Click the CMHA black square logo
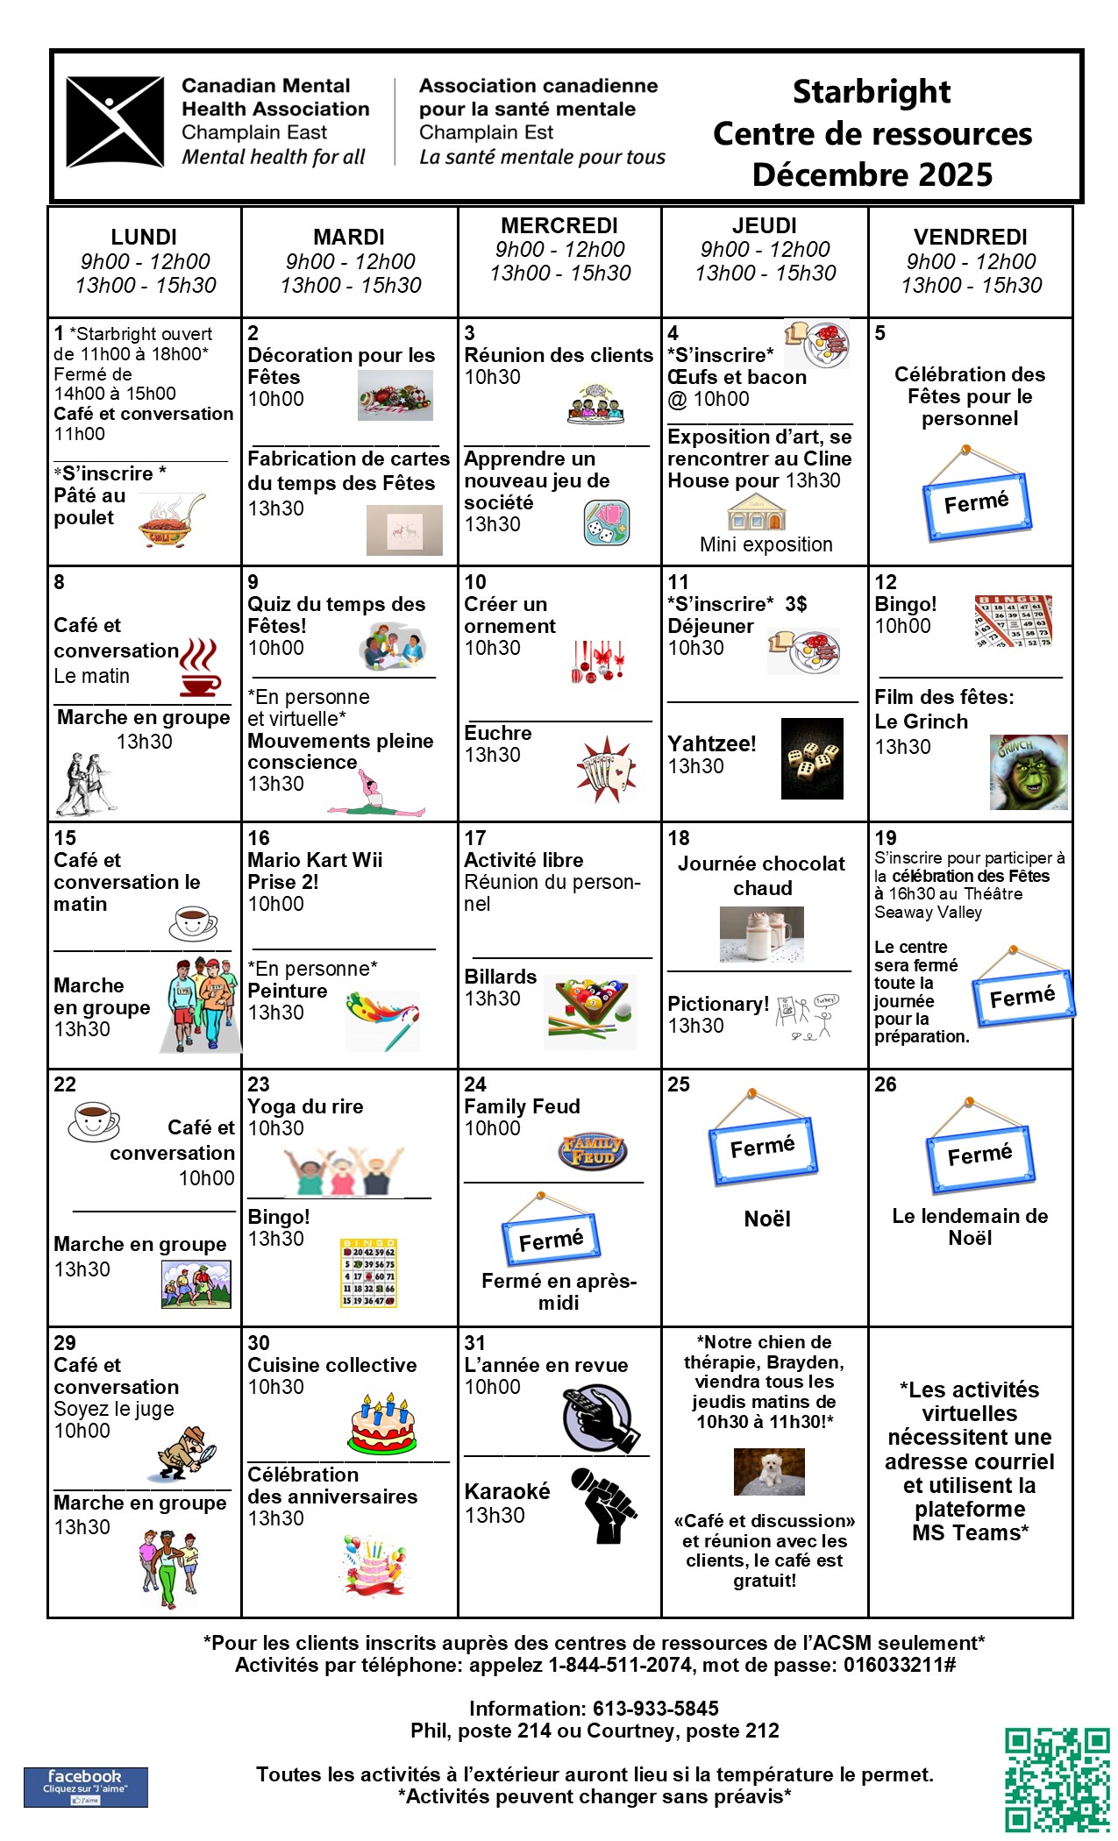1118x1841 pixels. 115,122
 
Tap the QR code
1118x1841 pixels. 1057,1779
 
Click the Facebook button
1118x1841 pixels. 85,1787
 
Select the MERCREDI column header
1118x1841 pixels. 559,226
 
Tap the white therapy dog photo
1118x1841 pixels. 768,1471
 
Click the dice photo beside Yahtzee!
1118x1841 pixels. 812,758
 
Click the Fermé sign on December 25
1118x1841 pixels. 762,1139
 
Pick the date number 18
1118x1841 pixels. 679,838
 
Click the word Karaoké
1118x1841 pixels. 507,1491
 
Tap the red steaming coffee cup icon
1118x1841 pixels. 199,669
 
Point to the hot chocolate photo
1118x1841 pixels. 761,935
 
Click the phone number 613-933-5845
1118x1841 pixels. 656,1708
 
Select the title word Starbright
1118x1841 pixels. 872,92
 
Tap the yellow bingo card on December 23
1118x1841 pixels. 368,1273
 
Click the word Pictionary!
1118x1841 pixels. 718,1004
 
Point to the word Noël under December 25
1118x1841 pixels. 767,1219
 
